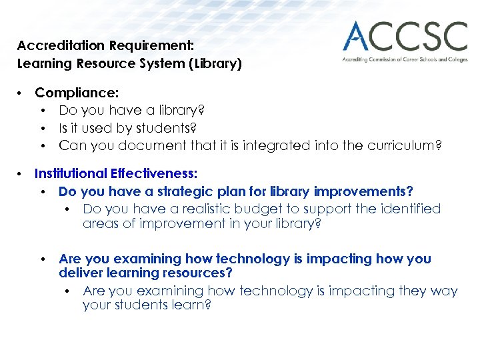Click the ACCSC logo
(405, 37)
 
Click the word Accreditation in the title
(53, 46)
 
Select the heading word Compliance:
(77, 93)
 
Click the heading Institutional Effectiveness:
(116, 174)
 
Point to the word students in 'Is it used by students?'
(155, 127)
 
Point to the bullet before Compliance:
(22, 93)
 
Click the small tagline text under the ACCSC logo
(405, 59)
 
